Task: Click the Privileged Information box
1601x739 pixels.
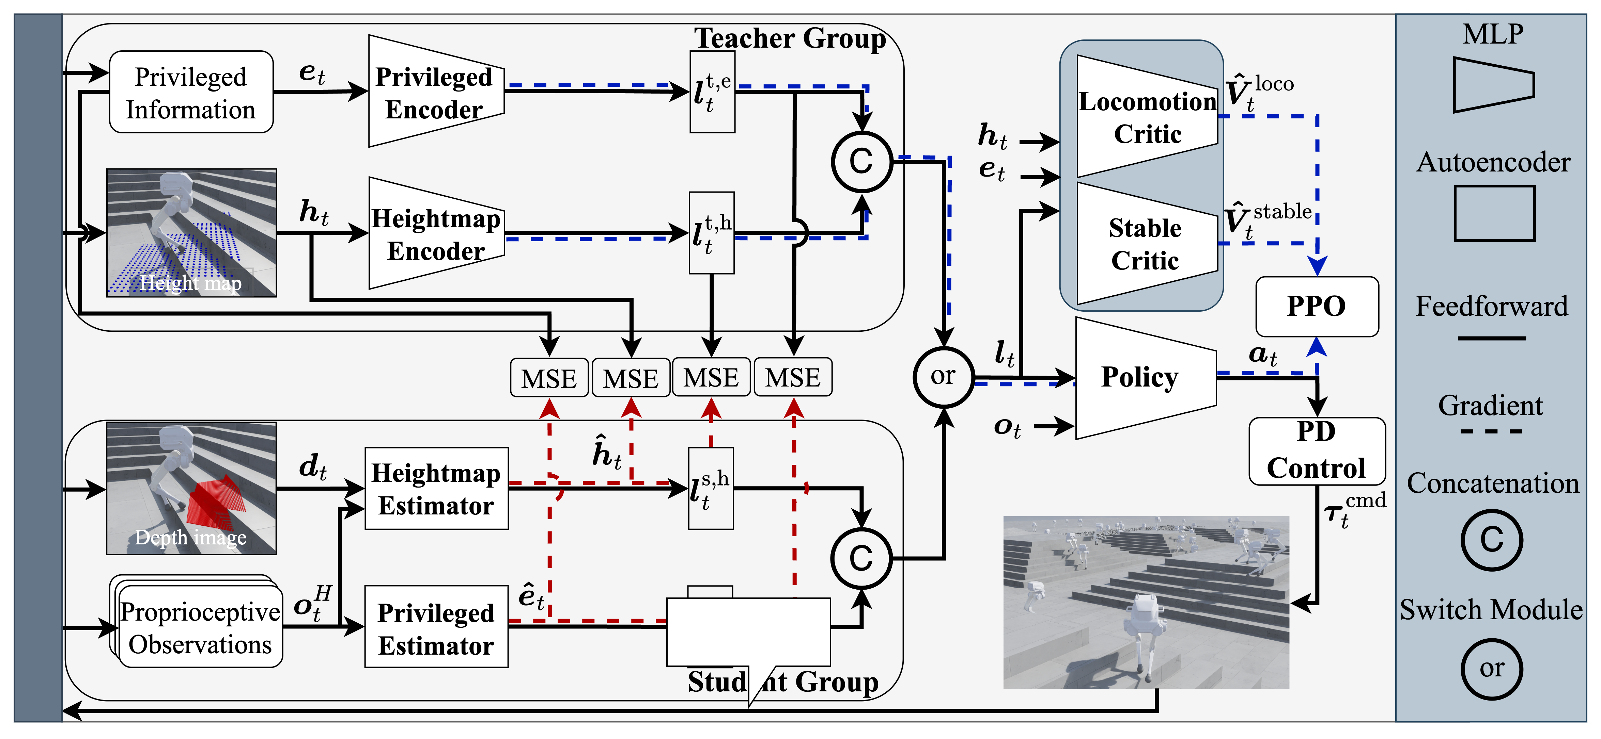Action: click(x=191, y=92)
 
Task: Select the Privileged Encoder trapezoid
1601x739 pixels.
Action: click(x=435, y=92)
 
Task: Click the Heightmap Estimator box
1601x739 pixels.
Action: click(x=436, y=488)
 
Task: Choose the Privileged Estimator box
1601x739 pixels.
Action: click(x=436, y=627)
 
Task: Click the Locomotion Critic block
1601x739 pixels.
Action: click(x=1147, y=117)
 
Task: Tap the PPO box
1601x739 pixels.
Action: click(x=1316, y=306)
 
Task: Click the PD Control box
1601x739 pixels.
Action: click(x=1316, y=451)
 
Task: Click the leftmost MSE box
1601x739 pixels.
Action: click(x=549, y=378)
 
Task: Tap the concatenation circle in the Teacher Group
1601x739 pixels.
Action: click(x=861, y=162)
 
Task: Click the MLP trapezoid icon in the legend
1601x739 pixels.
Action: click(x=1493, y=85)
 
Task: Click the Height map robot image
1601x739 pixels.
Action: click(x=191, y=233)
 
